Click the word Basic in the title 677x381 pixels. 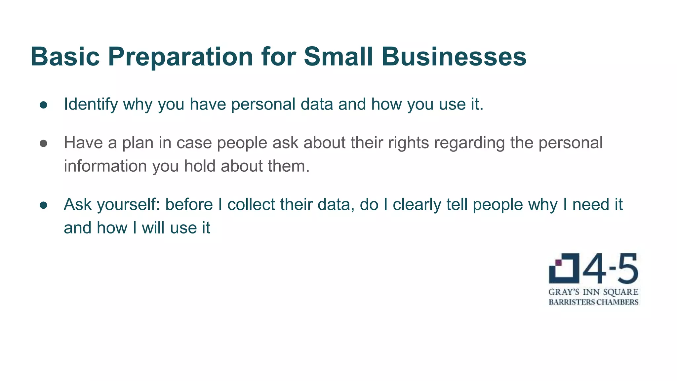(x=65, y=57)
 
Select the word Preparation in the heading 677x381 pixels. (x=180, y=57)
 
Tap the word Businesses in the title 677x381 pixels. (x=454, y=57)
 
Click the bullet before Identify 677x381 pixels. (x=43, y=105)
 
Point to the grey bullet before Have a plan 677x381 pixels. (x=43, y=144)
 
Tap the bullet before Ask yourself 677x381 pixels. (x=43, y=205)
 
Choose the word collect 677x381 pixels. (x=251, y=205)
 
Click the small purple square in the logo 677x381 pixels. (x=558, y=263)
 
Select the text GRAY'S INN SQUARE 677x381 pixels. (x=593, y=292)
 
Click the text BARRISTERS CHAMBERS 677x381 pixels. (x=593, y=302)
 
